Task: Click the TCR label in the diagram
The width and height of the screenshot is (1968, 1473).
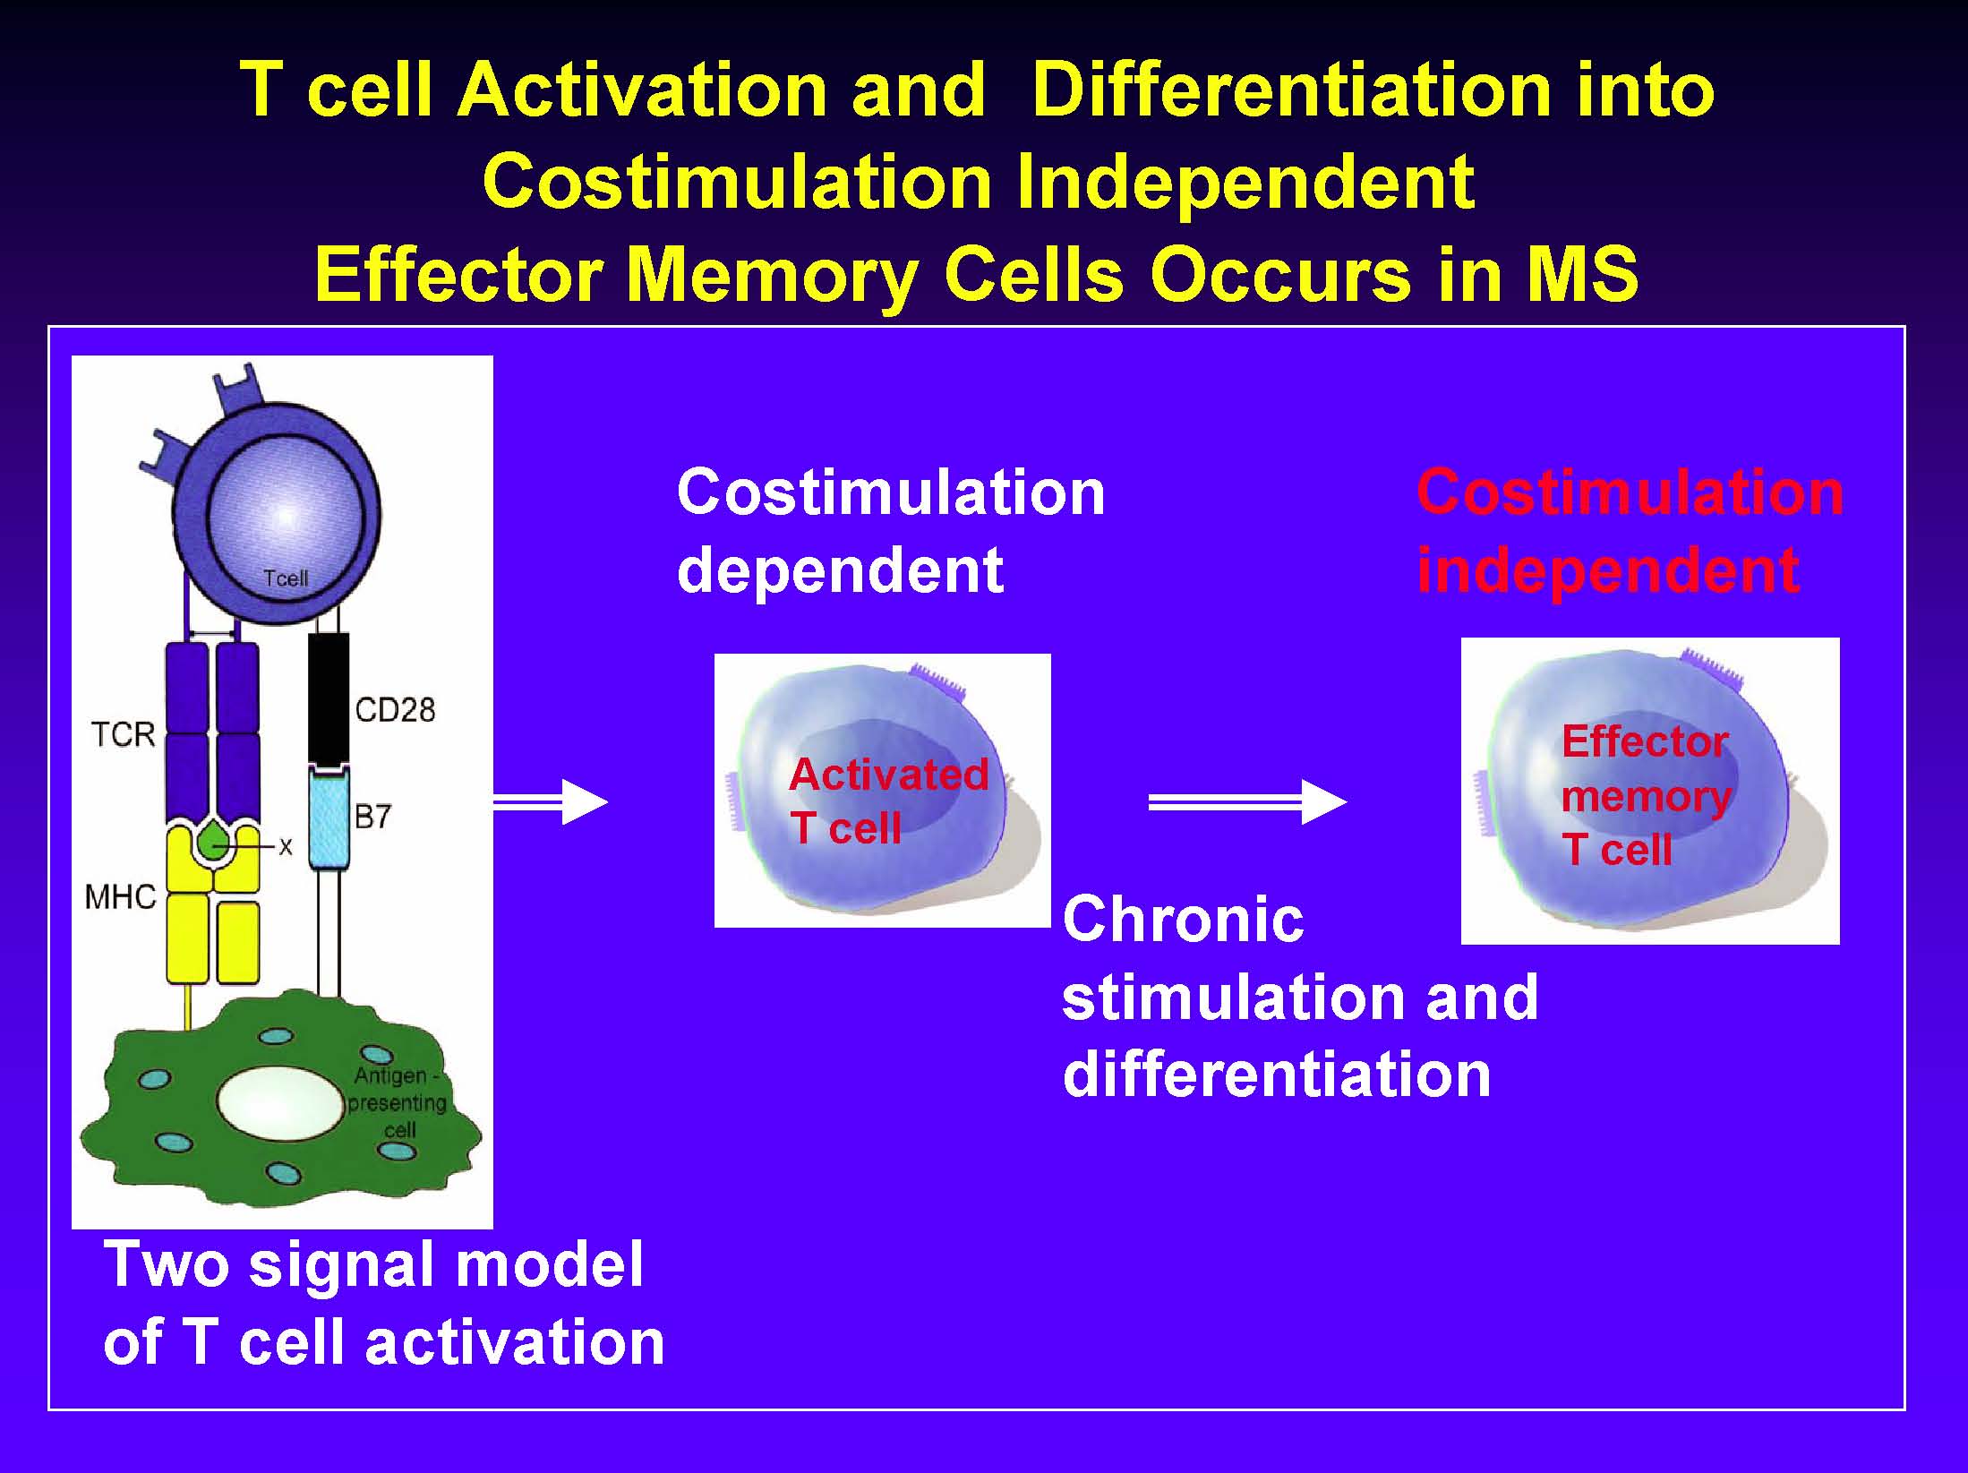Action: (124, 734)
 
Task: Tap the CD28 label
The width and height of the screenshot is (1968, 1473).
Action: (395, 710)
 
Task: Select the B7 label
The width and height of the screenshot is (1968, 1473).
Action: (372, 817)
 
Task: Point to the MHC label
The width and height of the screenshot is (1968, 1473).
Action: (121, 896)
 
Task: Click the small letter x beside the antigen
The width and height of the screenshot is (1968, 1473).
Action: (286, 846)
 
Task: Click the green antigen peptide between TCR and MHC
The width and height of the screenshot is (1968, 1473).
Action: (214, 842)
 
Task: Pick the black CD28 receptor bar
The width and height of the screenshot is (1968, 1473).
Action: (329, 699)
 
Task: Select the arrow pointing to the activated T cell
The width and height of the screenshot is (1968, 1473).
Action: (551, 801)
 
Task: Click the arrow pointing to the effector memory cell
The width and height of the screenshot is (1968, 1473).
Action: (1247, 801)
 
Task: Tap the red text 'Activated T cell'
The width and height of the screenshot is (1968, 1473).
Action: (888, 801)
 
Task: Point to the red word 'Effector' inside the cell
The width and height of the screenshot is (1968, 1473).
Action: (1645, 741)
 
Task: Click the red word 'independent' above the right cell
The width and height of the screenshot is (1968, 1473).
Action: (1608, 570)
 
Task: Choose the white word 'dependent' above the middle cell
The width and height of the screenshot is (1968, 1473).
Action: (841, 570)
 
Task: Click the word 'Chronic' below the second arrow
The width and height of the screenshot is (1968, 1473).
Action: (1183, 920)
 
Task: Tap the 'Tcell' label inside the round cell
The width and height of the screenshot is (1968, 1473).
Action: (286, 578)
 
